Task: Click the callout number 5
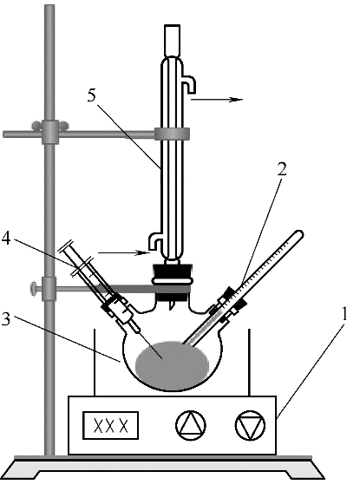point(92,95)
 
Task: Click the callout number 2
point(281,169)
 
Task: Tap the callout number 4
point(6,239)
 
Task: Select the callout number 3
point(5,318)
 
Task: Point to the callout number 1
point(344,314)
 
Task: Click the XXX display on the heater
point(110,425)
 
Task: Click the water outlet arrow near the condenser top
point(217,100)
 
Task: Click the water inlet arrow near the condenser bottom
point(124,252)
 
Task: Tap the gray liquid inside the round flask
point(172,366)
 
